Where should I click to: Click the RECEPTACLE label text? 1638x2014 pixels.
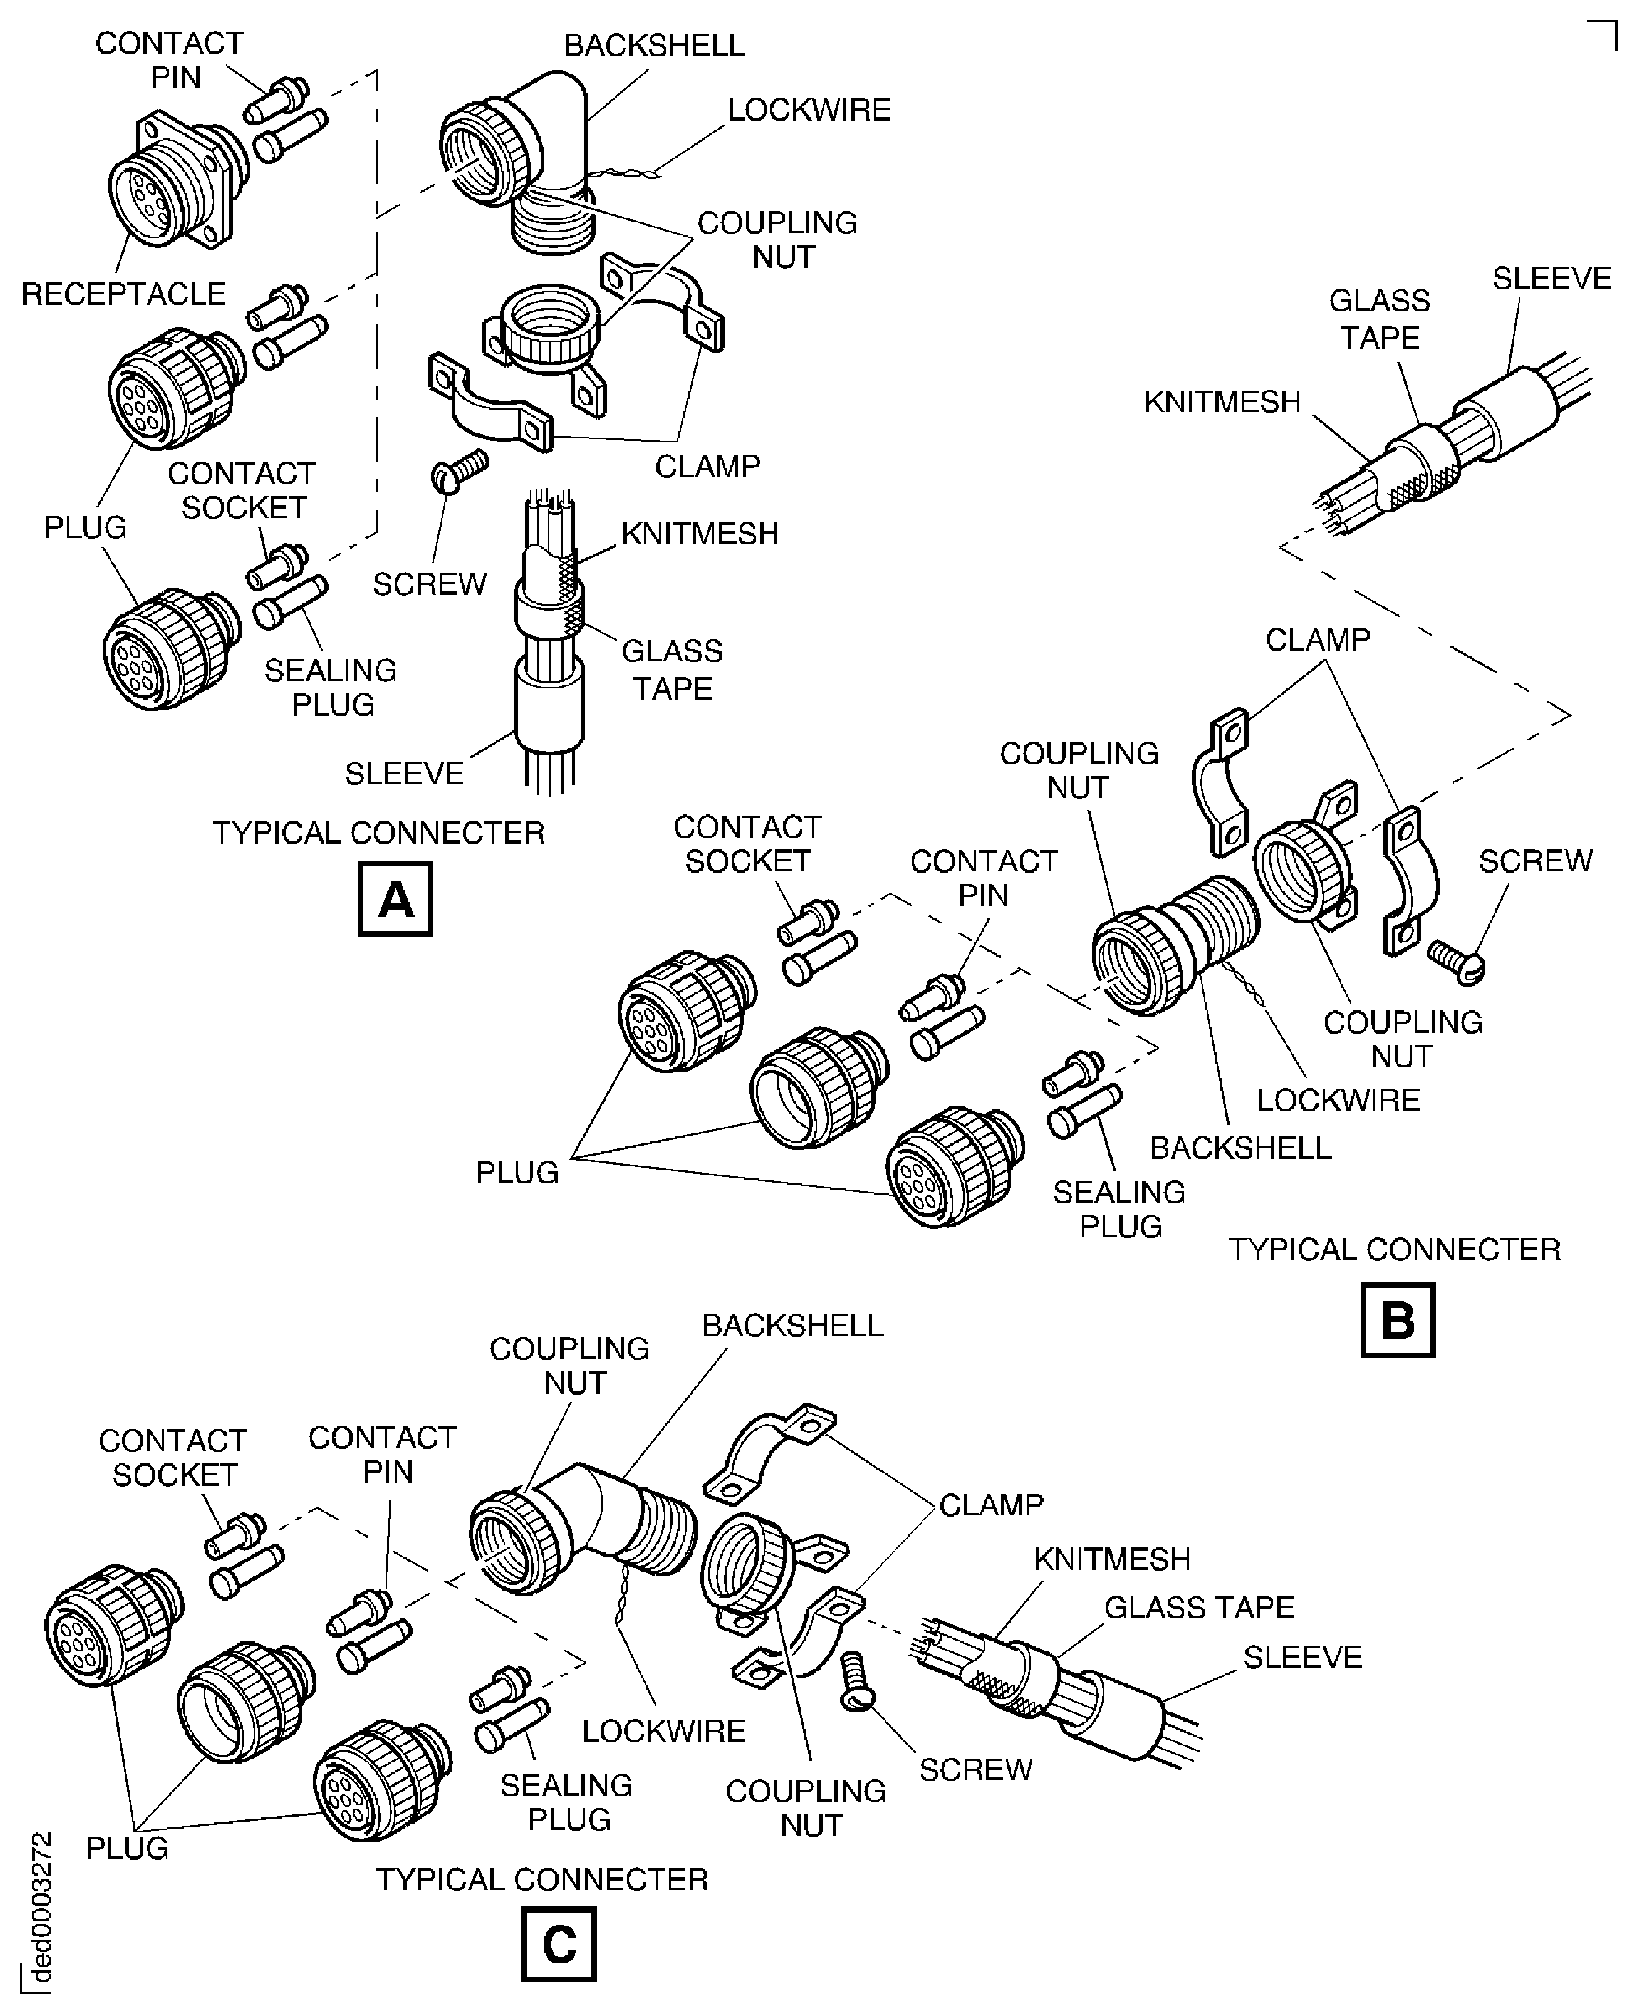[124, 294]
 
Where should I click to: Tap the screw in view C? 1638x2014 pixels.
[856, 1680]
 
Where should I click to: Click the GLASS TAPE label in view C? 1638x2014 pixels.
[1198, 1607]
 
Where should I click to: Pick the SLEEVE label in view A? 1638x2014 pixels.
[404, 774]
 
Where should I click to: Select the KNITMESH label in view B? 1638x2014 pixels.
[1222, 402]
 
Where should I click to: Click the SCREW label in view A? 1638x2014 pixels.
[429, 584]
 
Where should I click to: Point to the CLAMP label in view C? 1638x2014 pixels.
[990, 1504]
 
